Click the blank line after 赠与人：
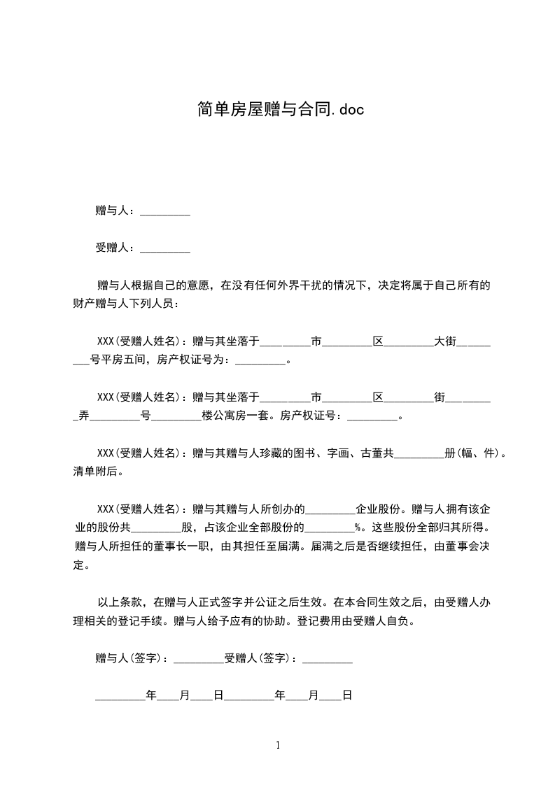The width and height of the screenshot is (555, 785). coord(165,211)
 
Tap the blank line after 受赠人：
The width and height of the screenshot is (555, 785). coord(165,248)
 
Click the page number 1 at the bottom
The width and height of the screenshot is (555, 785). coord(278,745)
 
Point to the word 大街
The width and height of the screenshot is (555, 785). coord(445,341)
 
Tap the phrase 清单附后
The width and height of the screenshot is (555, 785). coord(97,472)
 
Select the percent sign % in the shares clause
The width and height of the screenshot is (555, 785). coord(358,528)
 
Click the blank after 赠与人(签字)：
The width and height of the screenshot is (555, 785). coord(198,658)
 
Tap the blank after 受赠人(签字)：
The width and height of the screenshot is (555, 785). coord(328,658)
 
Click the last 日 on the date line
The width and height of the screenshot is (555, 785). coord(346,695)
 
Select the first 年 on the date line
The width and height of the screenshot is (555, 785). coord(150,695)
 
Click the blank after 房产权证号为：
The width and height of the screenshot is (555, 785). coord(260,360)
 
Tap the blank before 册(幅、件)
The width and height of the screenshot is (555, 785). coord(420,453)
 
